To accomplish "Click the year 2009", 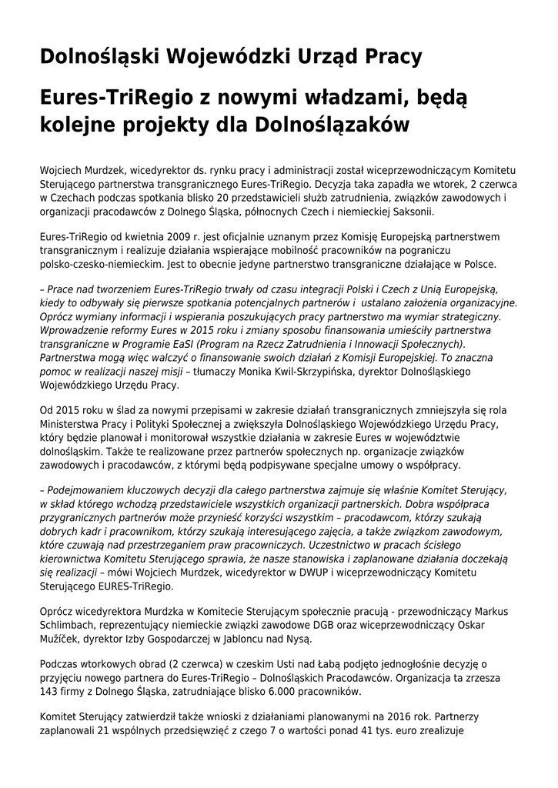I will tap(166, 237).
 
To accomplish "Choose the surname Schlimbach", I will tap(69, 625).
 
